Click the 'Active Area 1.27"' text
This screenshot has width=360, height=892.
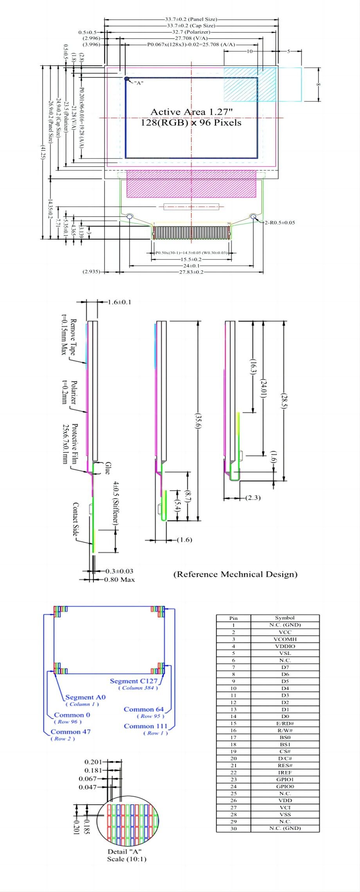(191, 112)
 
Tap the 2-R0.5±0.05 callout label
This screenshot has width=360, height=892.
(280, 222)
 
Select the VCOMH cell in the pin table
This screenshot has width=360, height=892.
(285, 639)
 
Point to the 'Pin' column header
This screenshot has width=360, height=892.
(233, 618)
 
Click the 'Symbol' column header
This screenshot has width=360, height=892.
(285, 618)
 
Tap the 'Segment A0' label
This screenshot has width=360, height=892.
(85, 697)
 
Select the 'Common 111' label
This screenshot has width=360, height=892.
(146, 726)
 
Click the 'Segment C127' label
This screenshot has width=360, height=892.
(133, 681)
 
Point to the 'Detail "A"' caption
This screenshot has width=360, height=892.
(124, 852)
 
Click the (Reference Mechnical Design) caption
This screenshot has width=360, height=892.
(235, 574)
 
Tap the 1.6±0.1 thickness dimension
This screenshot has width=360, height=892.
(119, 302)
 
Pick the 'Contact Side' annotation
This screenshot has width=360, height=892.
(76, 519)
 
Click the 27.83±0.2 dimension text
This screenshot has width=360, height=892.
(191, 272)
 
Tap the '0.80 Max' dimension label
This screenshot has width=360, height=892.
(120, 580)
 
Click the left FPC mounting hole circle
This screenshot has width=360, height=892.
(130, 216)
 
